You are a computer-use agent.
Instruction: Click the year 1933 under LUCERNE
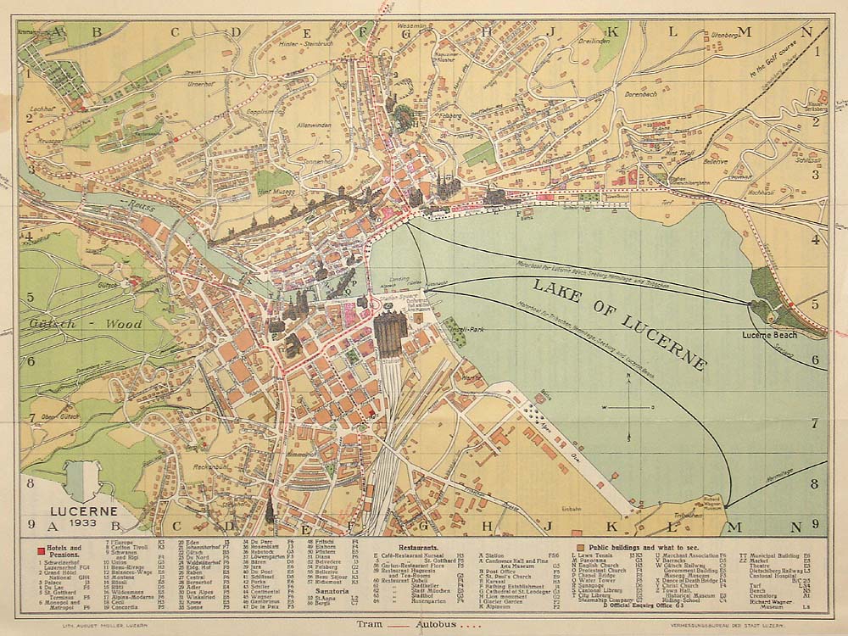pyautogui.click(x=82, y=522)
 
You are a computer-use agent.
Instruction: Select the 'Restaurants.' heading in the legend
pyautogui.click(x=412, y=549)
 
